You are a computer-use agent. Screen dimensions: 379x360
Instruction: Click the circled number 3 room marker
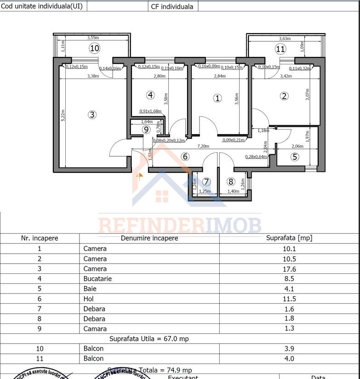point(92,114)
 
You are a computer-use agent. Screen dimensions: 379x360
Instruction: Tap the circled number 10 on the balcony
point(95,48)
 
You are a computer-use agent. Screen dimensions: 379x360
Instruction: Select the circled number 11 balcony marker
point(280,49)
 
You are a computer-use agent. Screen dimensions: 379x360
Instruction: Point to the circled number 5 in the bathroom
point(295,157)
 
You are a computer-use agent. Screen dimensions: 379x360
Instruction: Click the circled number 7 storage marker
point(206,181)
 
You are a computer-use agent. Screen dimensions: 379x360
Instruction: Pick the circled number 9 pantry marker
point(146,130)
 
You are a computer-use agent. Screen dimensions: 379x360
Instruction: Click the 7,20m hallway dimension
point(203,146)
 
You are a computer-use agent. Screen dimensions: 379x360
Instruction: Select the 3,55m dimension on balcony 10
point(93,38)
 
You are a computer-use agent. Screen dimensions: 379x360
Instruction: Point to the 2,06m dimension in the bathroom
point(297,146)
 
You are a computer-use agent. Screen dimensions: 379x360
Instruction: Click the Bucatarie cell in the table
point(97,279)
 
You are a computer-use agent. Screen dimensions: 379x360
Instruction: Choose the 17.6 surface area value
point(289,269)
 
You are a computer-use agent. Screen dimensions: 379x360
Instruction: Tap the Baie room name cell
point(90,289)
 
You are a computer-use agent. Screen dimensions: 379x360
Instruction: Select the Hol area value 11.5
point(289,299)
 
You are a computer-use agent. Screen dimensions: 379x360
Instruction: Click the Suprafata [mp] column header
point(289,238)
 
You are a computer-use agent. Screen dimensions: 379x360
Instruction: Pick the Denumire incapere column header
point(149,238)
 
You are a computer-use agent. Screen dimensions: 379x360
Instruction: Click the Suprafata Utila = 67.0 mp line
point(149,339)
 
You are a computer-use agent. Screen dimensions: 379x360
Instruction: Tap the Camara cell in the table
point(95,328)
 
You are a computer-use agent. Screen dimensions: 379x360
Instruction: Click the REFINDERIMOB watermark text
point(180,226)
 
